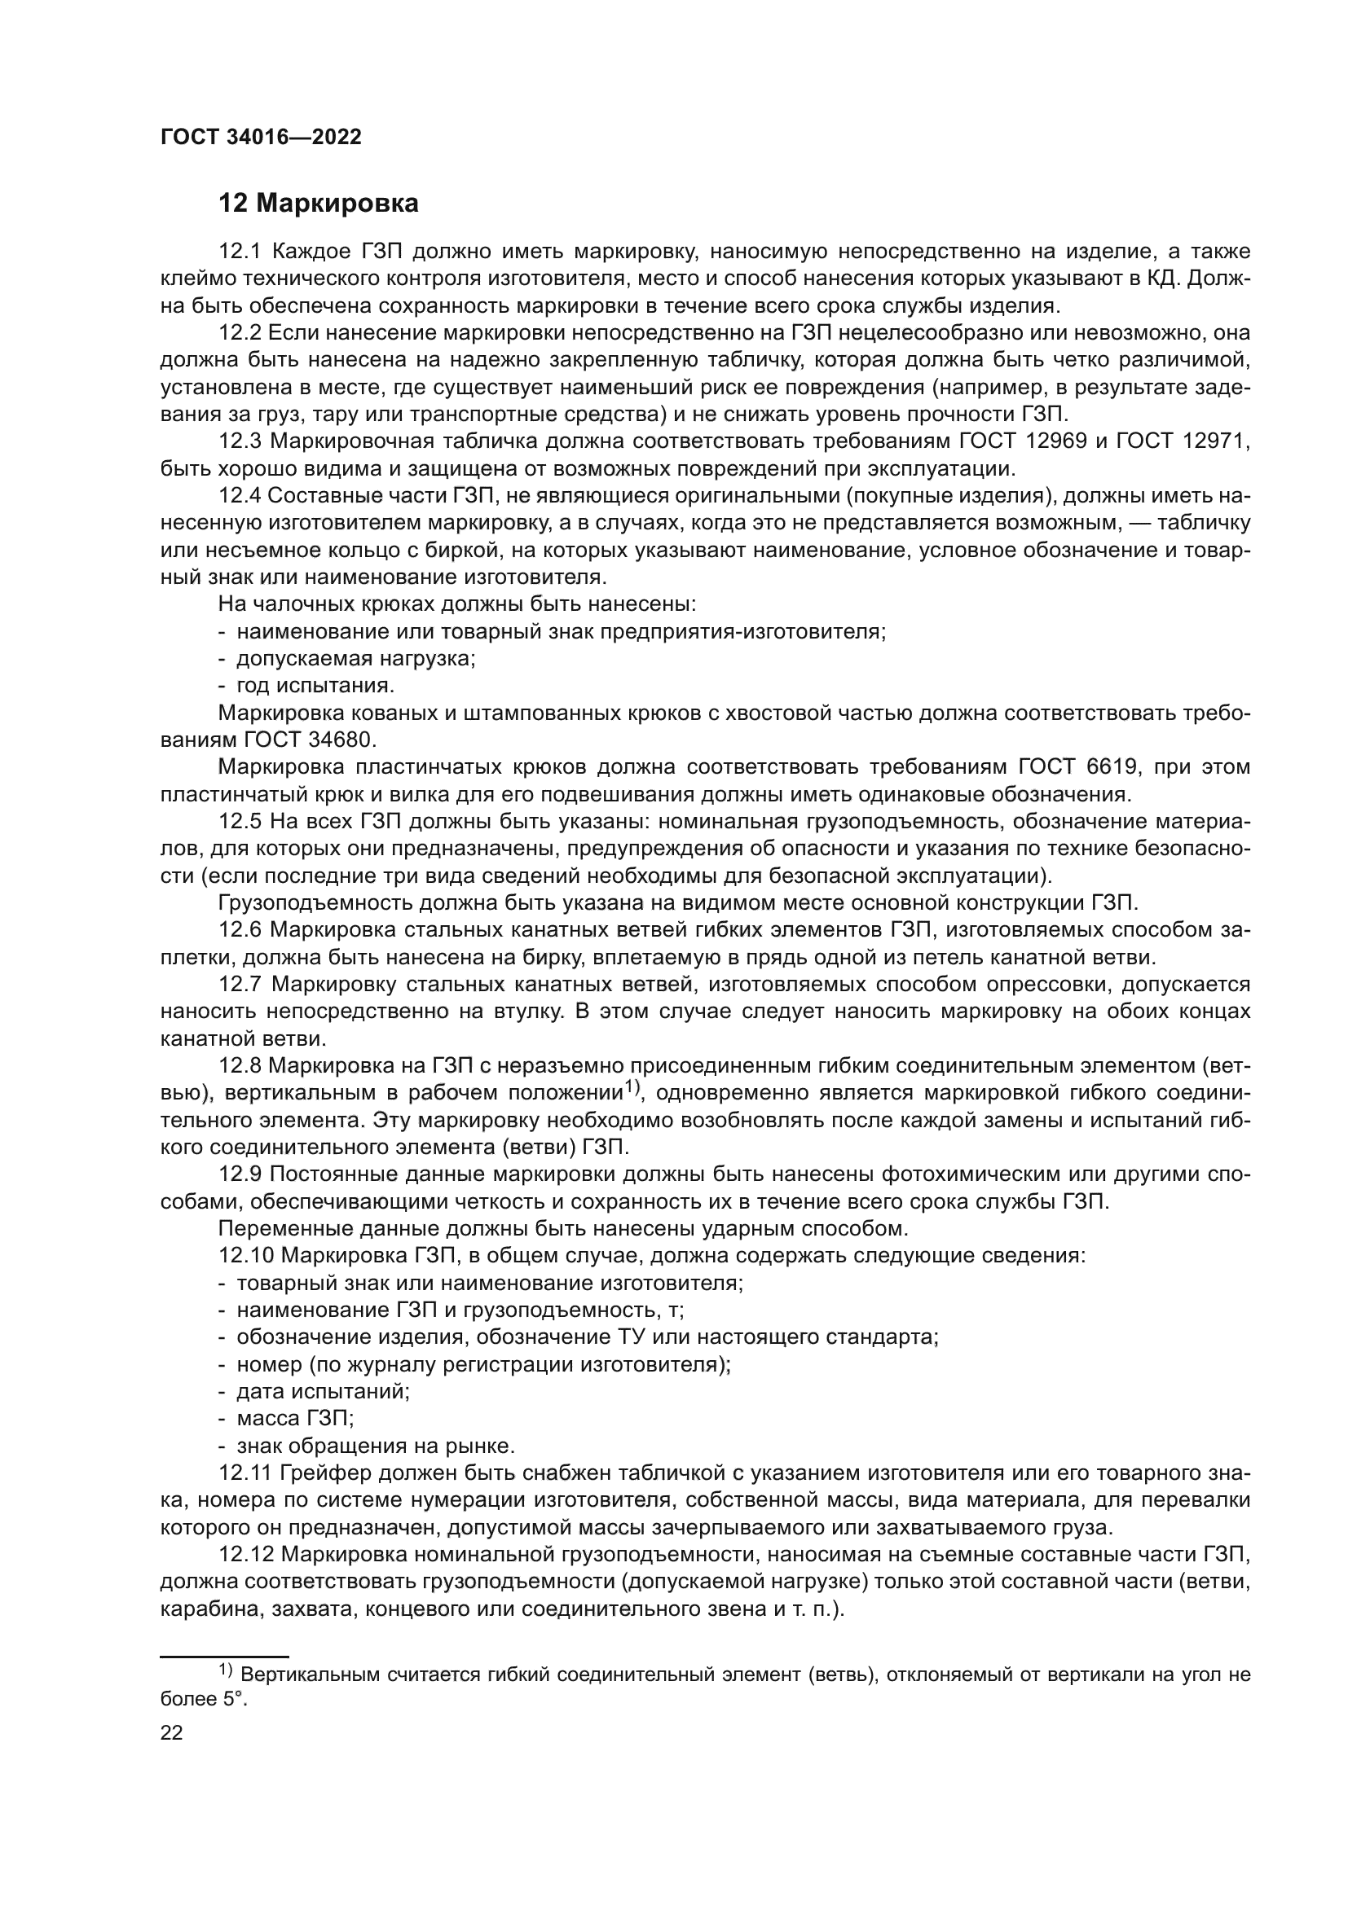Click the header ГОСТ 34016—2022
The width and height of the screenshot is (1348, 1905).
pyautogui.click(x=261, y=138)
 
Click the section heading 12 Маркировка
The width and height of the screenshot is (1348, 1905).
pyautogui.click(x=319, y=204)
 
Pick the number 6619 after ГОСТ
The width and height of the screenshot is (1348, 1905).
pyautogui.click(x=1111, y=766)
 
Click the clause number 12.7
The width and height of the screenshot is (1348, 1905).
pyautogui.click(x=240, y=984)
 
